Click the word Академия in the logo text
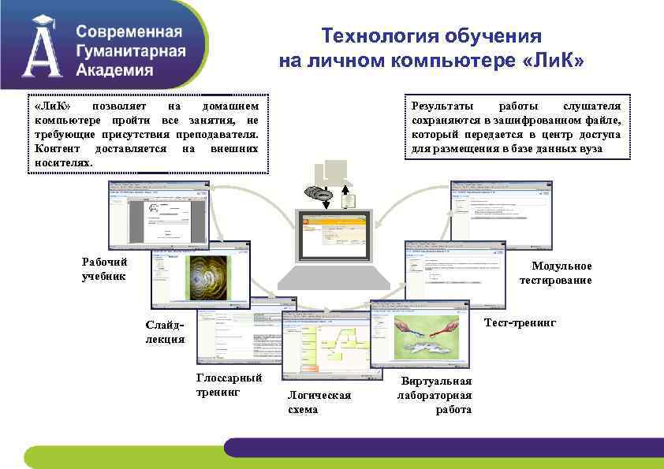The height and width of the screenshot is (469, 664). click(115, 69)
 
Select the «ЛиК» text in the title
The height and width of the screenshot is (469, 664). click(553, 61)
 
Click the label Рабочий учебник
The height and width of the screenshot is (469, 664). click(104, 269)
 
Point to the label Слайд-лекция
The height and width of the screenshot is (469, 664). click(165, 332)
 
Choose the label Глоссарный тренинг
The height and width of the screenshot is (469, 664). click(229, 384)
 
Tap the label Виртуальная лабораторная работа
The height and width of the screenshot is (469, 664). click(435, 396)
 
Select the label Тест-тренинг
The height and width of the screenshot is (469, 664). click(520, 323)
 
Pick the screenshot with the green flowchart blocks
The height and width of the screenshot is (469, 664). click(325, 347)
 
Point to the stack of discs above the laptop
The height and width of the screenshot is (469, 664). click(322, 194)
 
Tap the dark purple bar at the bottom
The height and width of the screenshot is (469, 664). click(442, 447)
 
